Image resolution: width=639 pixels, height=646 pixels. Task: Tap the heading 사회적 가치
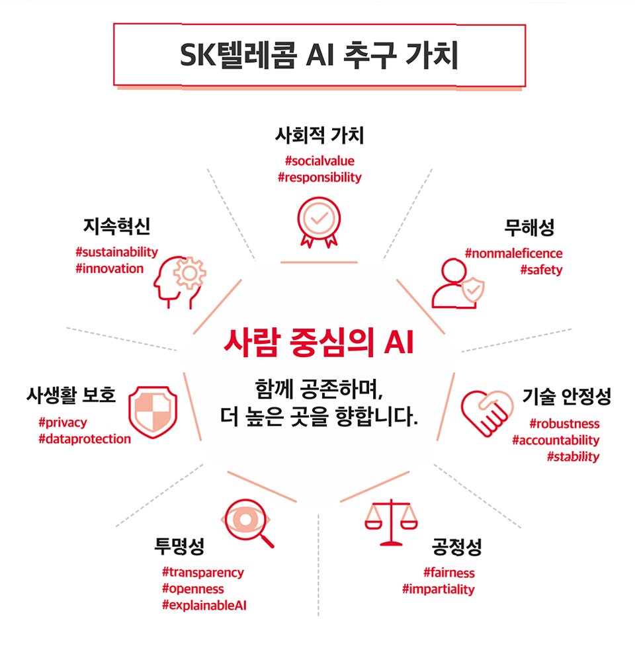(319, 136)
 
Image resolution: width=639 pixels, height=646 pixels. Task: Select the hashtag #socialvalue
(319, 161)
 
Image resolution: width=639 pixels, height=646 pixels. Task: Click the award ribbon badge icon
(319, 222)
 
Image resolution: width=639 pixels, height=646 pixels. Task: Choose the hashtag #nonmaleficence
(514, 253)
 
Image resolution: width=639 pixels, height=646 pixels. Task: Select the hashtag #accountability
(556, 440)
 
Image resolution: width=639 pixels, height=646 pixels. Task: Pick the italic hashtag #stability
(573, 457)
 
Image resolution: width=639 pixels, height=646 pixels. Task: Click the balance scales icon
(392, 522)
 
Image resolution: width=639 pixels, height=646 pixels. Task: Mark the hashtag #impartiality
(438, 589)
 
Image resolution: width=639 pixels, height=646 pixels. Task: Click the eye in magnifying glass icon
(249, 522)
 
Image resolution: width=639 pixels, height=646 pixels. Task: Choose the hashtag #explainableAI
(204, 605)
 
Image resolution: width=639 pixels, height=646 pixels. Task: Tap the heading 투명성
(179, 547)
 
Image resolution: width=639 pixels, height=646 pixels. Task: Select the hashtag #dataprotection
(85, 438)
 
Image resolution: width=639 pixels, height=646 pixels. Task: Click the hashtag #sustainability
(117, 252)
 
